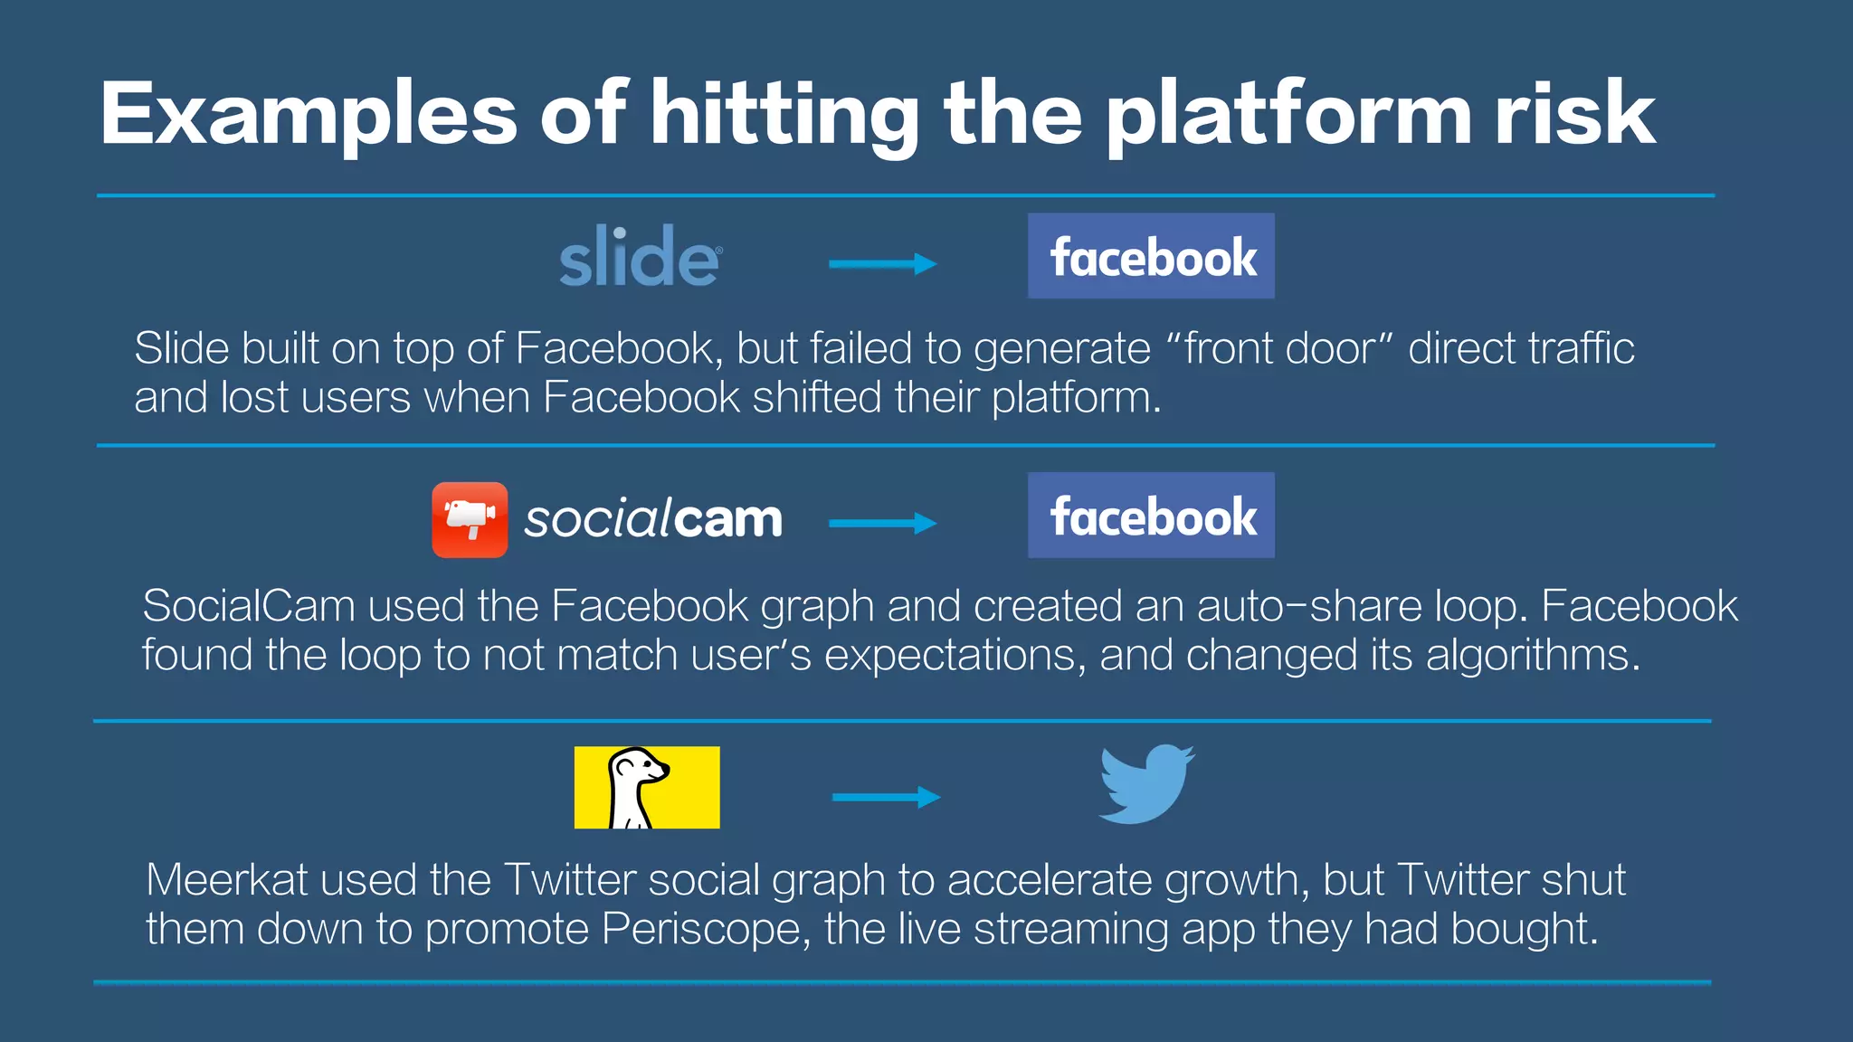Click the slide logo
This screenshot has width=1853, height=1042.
640,258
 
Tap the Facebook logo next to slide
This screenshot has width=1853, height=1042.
1151,256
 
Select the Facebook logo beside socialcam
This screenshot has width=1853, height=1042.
1151,516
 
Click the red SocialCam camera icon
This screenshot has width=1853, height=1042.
470,520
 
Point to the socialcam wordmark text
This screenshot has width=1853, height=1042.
653,520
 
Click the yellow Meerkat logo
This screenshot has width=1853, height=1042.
647,787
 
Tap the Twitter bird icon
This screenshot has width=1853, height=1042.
1146,784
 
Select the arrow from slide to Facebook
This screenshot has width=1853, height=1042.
883,264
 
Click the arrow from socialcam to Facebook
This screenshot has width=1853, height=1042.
883,523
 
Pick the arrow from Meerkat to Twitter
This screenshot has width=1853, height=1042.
887,797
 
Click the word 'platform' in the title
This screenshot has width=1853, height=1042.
1288,116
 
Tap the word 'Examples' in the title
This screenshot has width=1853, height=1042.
309,116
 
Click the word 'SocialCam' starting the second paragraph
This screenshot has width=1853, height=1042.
249,606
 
